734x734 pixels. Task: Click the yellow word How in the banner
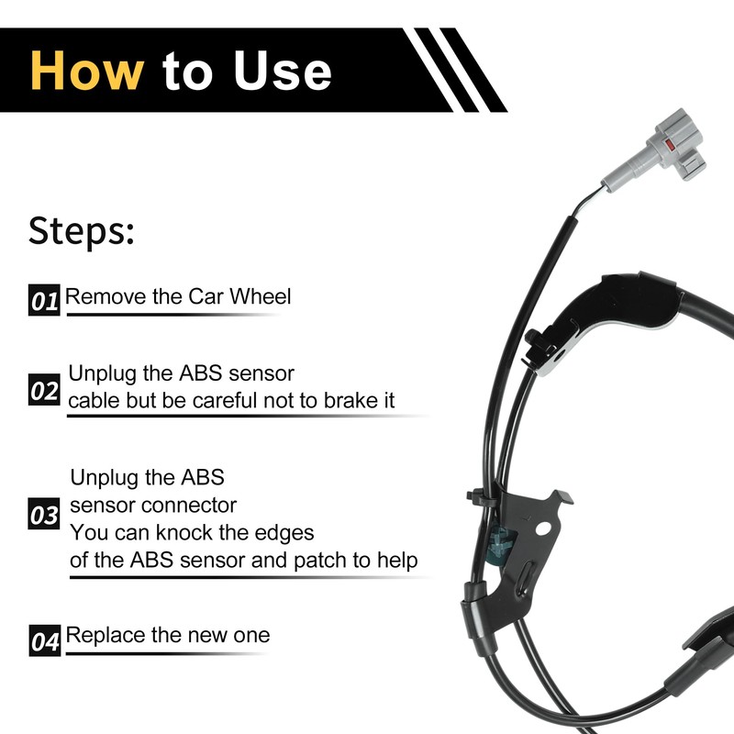coord(87,70)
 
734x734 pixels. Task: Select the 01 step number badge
coord(45,300)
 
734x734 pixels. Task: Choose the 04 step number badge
coord(45,639)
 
